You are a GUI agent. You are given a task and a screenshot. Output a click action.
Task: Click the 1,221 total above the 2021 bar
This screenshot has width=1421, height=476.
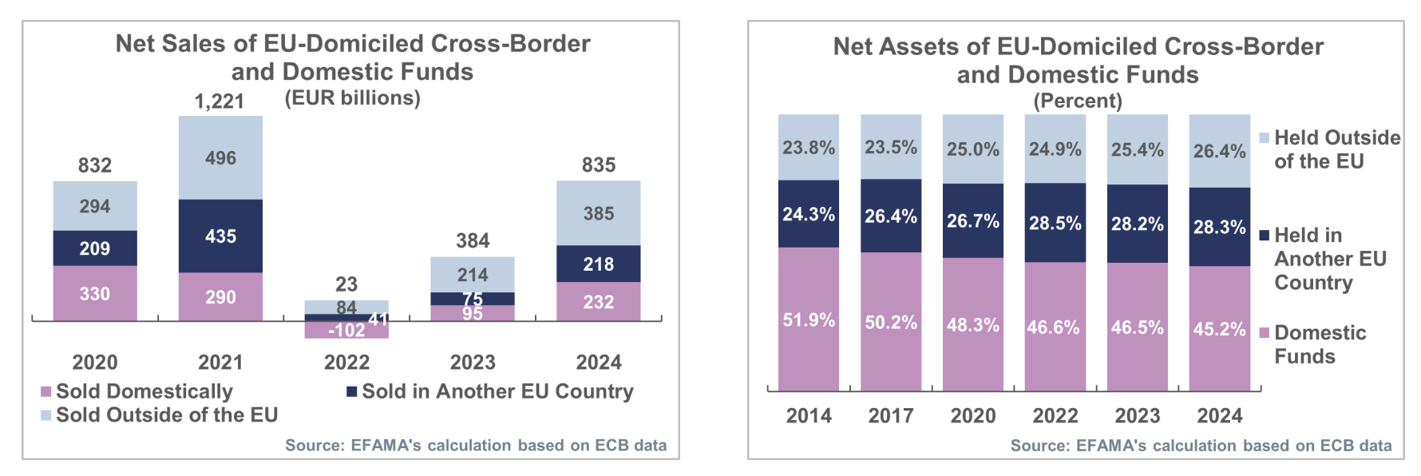[x=220, y=101]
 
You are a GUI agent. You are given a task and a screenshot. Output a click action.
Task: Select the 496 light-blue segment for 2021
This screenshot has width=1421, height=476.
[x=220, y=158]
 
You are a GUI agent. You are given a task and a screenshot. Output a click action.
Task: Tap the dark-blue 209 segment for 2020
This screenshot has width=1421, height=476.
[x=95, y=248]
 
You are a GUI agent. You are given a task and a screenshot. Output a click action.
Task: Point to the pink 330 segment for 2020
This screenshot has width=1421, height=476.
[x=95, y=294]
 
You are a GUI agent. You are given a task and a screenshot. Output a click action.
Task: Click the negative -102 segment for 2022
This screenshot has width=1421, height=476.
[x=346, y=330]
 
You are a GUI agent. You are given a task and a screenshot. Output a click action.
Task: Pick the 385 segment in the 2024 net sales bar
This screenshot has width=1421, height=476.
[x=599, y=213]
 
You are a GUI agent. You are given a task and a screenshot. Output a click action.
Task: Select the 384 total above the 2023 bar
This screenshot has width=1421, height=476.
[x=473, y=240]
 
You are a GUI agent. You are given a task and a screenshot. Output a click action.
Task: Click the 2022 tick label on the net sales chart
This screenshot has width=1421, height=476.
[x=346, y=363]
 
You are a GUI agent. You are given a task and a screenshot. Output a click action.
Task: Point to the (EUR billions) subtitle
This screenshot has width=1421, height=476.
[x=353, y=98]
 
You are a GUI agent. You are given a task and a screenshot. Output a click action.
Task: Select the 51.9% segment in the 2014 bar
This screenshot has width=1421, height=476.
[x=809, y=319]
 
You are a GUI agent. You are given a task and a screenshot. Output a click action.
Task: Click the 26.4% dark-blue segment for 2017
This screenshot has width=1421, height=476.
[x=891, y=216]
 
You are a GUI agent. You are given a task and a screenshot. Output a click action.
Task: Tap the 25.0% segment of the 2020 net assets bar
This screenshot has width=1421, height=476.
[x=973, y=149]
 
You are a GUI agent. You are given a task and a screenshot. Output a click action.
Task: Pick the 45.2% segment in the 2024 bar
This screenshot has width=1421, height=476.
[x=1220, y=329]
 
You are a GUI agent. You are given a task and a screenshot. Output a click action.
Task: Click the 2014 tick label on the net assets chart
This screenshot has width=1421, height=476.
[x=809, y=415]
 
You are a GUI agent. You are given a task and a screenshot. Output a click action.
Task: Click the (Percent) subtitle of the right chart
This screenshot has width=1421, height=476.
[x=1078, y=101]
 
